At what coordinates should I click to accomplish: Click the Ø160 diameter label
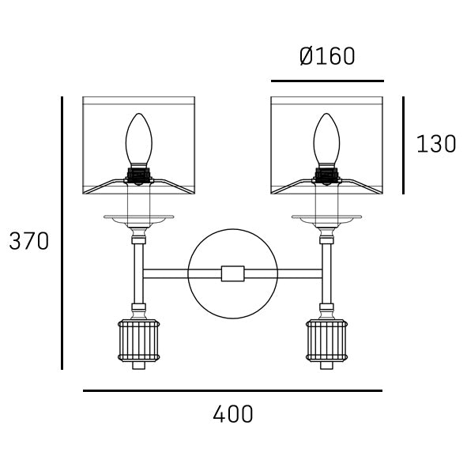click(327, 57)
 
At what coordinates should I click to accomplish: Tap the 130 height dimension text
click(436, 145)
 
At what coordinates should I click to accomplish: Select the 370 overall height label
click(28, 241)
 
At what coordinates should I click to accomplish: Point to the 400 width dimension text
click(233, 413)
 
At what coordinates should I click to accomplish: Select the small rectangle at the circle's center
click(232, 273)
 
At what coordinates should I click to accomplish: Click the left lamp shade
click(103, 146)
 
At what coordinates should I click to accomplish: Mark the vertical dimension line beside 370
click(62, 232)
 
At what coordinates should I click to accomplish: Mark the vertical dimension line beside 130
click(403, 145)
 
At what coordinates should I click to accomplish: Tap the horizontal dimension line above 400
click(232, 390)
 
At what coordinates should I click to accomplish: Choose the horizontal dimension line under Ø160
click(327, 81)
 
